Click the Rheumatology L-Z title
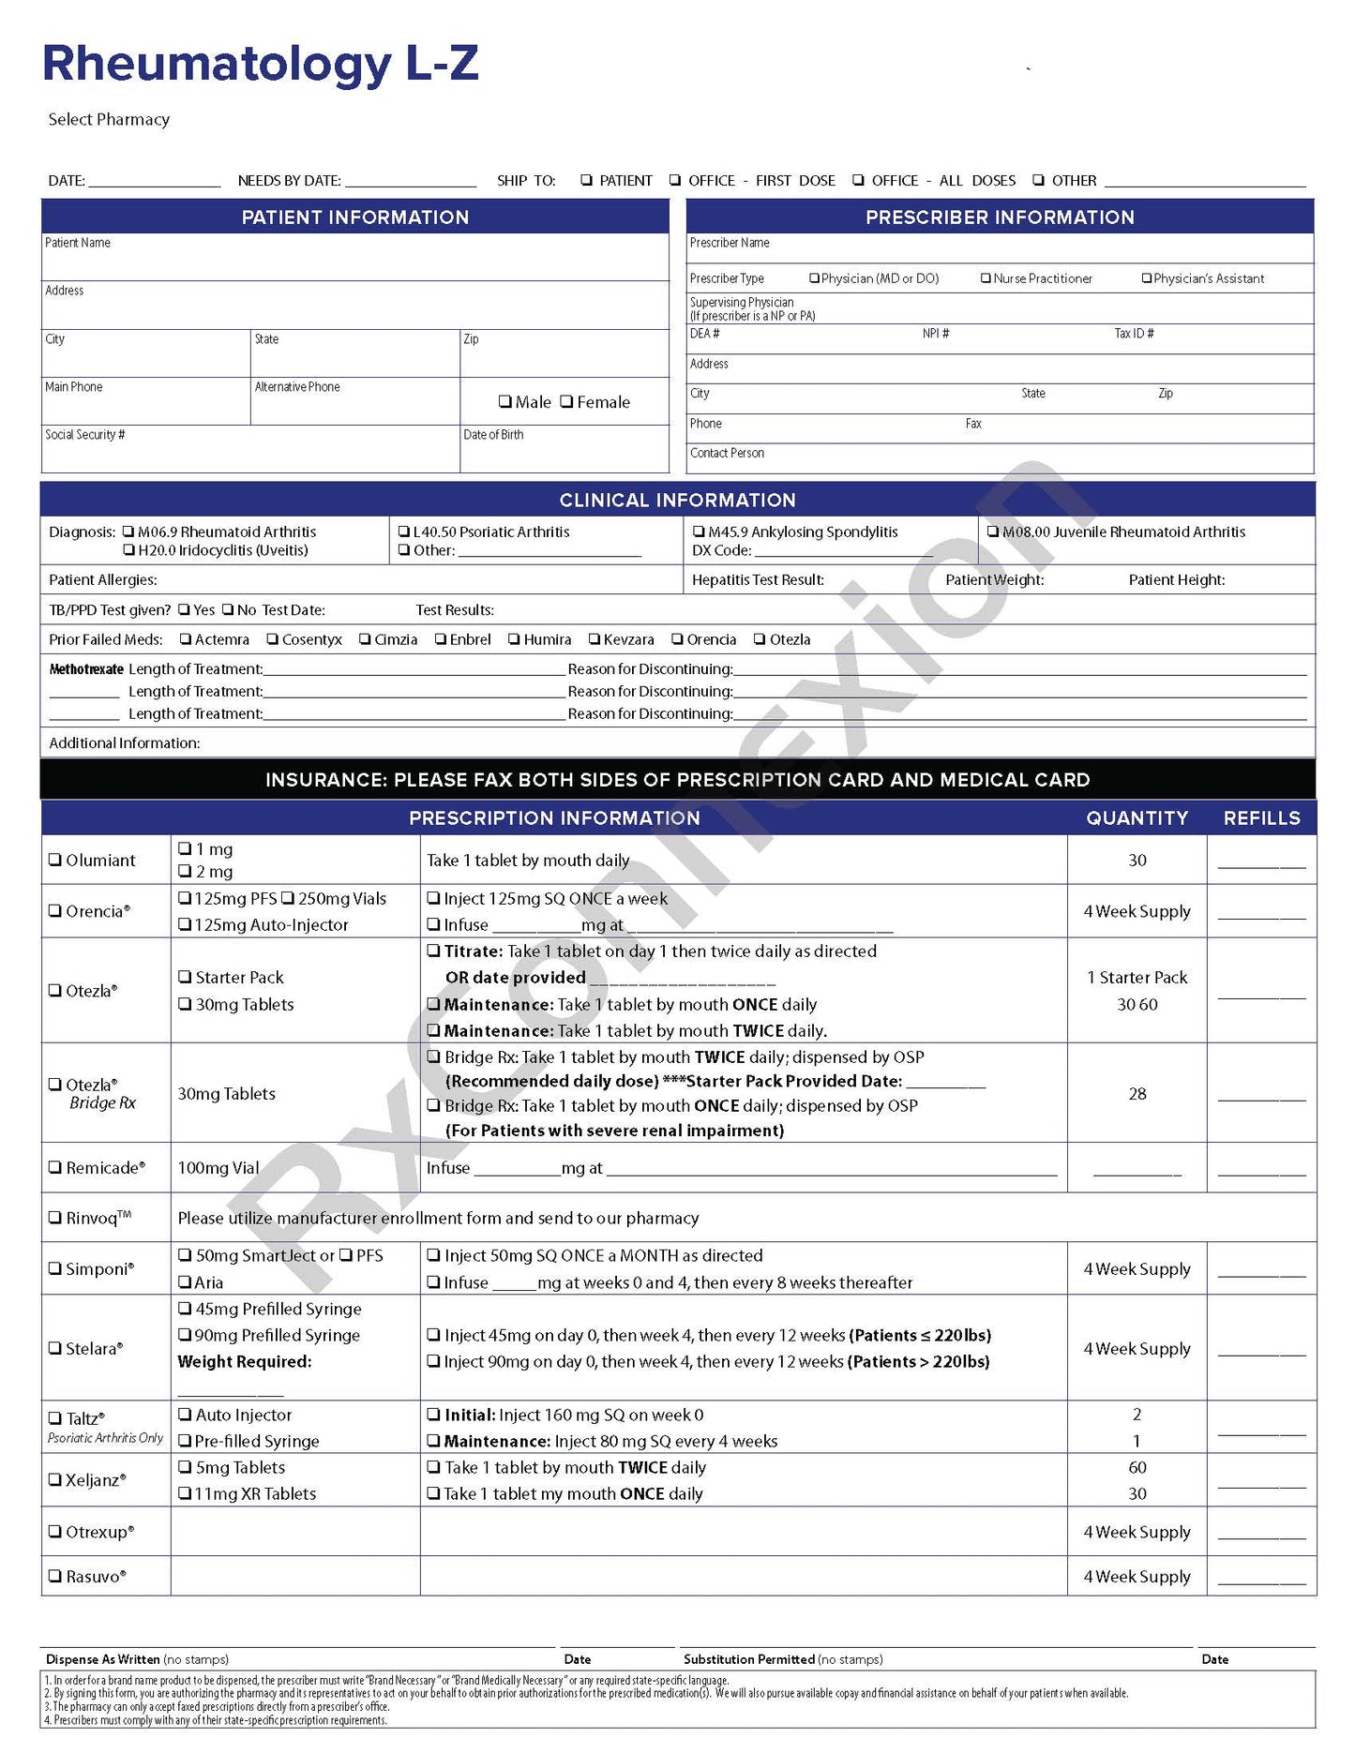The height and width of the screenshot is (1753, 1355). pos(261,64)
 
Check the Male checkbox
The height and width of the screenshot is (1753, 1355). pos(505,402)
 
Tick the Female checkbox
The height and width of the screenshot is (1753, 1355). pos(566,402)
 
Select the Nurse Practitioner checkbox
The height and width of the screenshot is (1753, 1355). pos(986,278)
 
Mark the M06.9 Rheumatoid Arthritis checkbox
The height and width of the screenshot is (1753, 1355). pos(129,532)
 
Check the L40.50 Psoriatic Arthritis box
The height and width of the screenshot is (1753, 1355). pos(404,532)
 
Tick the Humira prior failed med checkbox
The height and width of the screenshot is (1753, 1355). pos(514,639)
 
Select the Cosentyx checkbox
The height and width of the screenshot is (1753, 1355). pos(273,639)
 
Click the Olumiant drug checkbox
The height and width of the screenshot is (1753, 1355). pos(55,860)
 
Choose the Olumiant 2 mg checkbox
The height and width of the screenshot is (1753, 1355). pos(185,872)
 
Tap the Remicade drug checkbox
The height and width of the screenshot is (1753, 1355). pos(55,1167)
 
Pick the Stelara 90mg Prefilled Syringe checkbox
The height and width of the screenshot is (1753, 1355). pos(185,1335)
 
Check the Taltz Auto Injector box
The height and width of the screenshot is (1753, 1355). pos(185,1415)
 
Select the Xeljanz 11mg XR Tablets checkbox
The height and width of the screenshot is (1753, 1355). pos(185,1493)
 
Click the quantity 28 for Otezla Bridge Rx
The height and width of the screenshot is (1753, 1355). pos(1137,1094)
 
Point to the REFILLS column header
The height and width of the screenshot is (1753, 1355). pos(1261,818)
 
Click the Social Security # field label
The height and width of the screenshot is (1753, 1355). pos(85,435)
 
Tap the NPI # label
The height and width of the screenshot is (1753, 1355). pos(935,334)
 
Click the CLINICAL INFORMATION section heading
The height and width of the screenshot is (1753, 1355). pos(677,501)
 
